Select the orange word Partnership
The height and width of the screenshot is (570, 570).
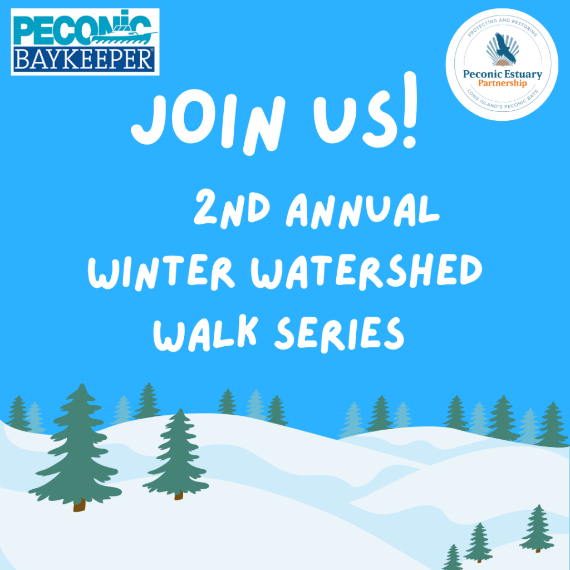502,83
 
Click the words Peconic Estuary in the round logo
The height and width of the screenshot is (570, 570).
503,74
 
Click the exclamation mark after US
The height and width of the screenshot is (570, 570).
410,110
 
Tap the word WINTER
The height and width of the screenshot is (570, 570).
161,272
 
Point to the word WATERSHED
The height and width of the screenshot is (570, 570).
366,271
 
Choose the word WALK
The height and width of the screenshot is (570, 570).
206,334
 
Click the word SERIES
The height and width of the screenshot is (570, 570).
340,335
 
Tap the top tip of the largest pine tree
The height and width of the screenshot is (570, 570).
82,384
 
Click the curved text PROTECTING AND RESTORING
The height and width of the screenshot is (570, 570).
502,26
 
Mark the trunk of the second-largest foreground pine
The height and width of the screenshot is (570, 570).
179,495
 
